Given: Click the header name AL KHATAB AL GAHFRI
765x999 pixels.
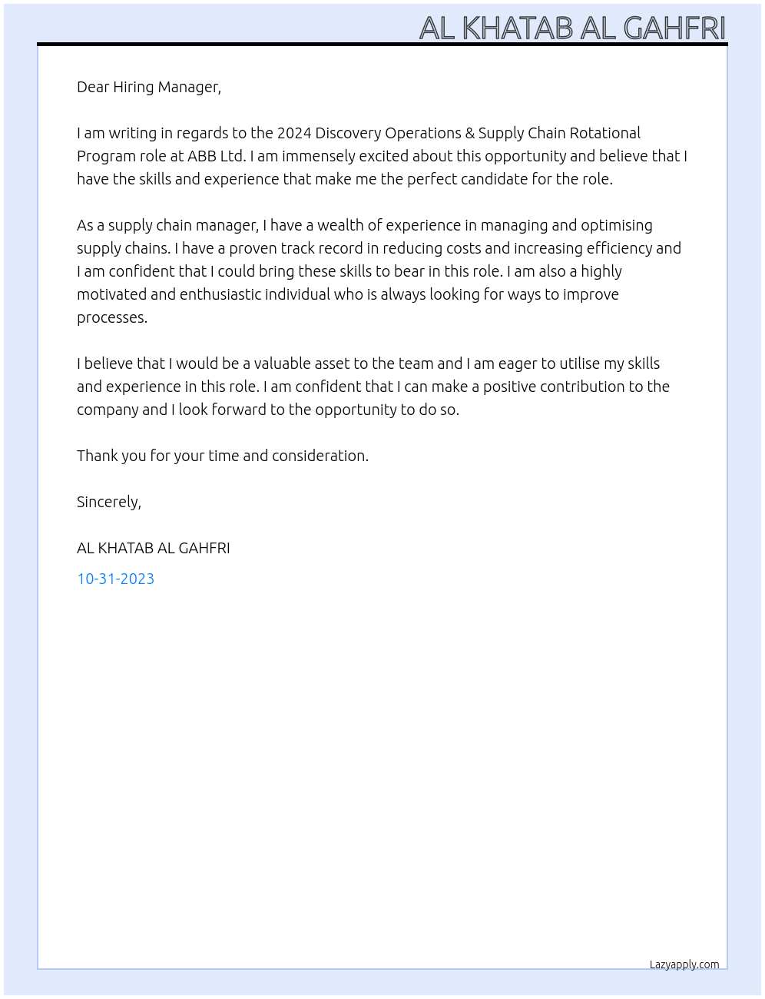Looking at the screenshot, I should (x=572, y=28).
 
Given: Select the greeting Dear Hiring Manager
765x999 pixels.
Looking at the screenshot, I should (x=148, y=87).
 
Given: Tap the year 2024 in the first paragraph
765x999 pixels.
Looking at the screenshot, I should (x=294, y=133).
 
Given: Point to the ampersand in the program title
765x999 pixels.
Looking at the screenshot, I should (x=470, y=133).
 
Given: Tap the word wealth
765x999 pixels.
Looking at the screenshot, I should (x=340, y=225).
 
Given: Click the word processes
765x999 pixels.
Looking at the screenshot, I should (x=111, y=317).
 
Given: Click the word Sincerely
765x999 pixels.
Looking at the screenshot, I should (x=108, y=502).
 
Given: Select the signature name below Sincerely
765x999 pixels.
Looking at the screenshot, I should (x=153, y=548).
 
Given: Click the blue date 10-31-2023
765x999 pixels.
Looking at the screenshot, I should (x=115, y=579).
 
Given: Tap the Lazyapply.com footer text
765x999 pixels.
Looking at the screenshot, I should (x=684, y=964).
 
